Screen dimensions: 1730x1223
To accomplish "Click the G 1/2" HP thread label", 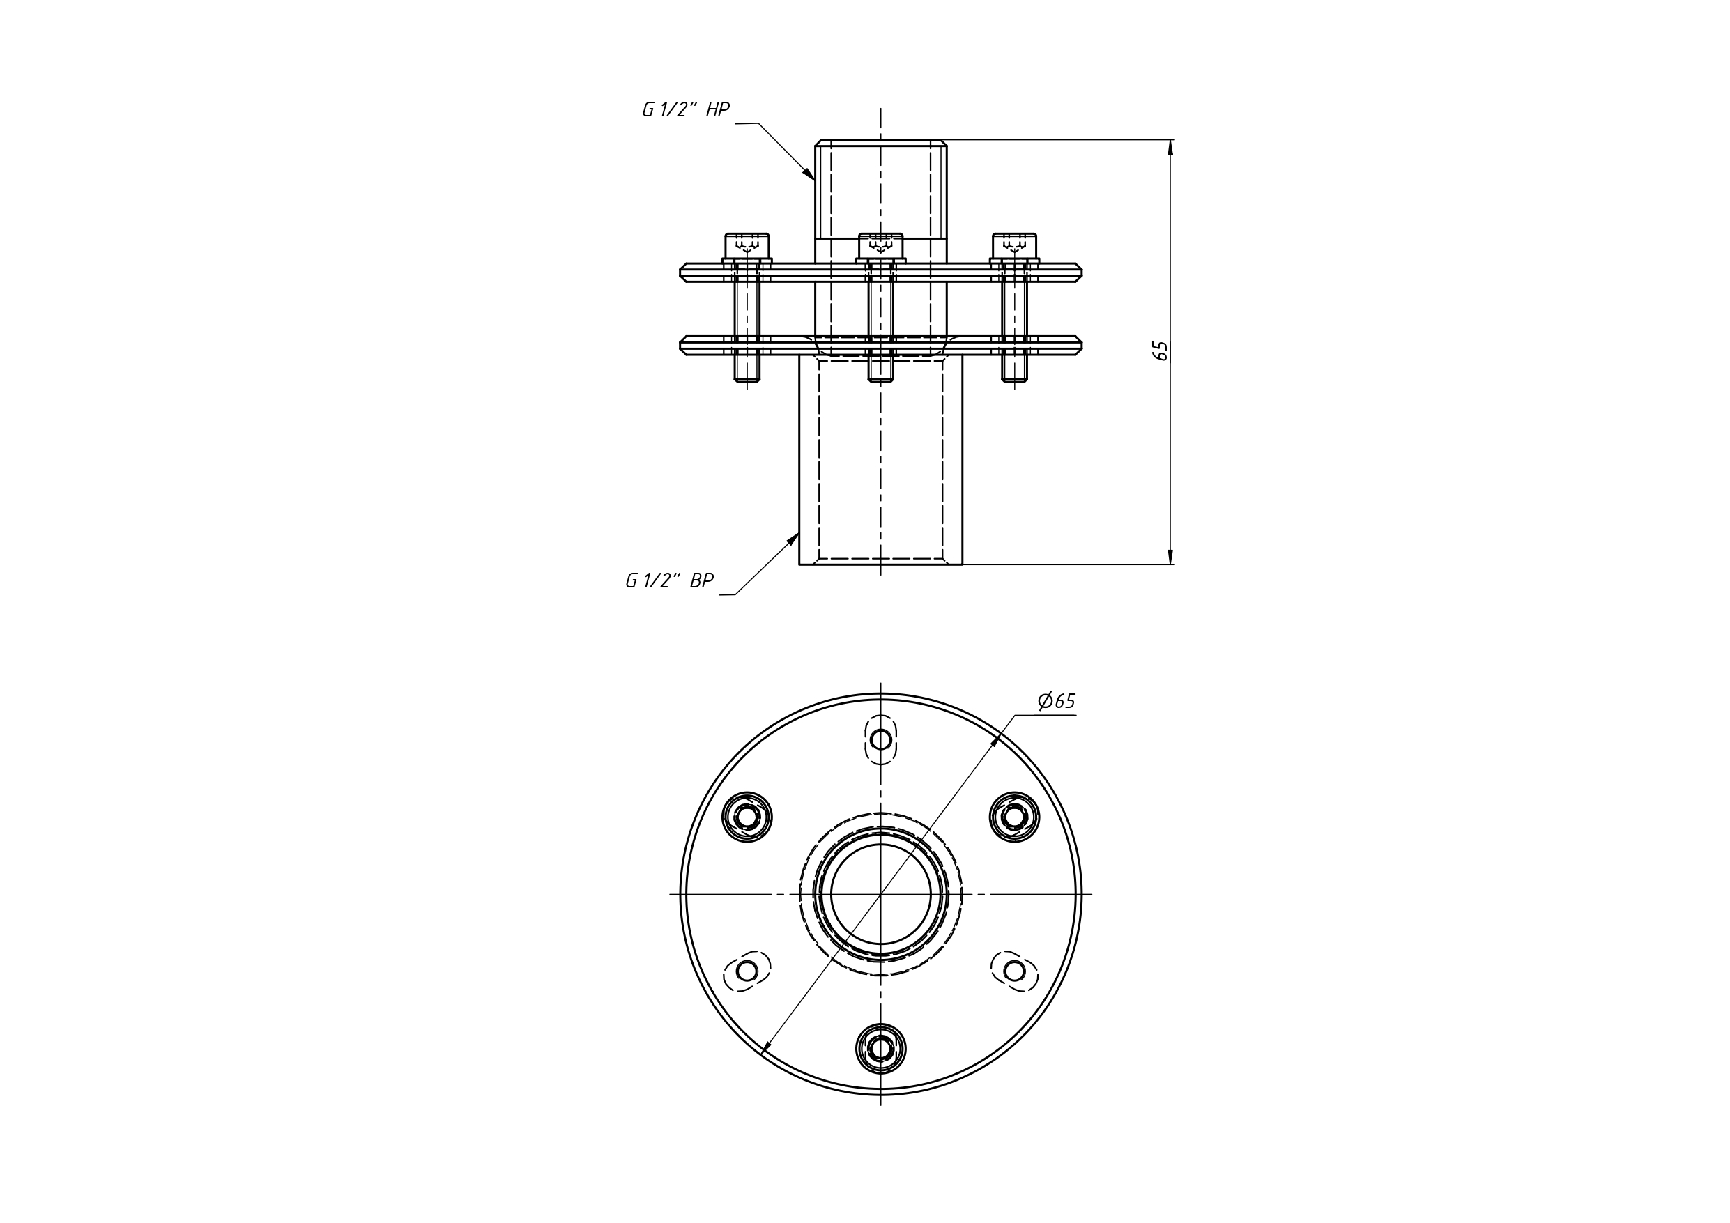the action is point(686,110).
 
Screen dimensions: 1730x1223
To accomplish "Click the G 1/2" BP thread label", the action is point(669,581).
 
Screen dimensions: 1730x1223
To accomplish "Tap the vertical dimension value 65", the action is point(1161,351).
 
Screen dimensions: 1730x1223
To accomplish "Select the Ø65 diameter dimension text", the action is point(1057,702).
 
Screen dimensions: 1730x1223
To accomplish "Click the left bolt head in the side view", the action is point(747,247).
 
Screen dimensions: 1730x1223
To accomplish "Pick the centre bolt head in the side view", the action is point(881,247).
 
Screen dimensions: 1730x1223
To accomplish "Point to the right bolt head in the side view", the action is point(1014,247).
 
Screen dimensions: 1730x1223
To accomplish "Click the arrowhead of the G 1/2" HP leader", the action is point(809,174).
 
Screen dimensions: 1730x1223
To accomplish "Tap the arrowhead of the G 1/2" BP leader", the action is point(793,539).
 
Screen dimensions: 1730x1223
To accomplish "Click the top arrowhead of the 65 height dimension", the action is point(1170,148).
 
